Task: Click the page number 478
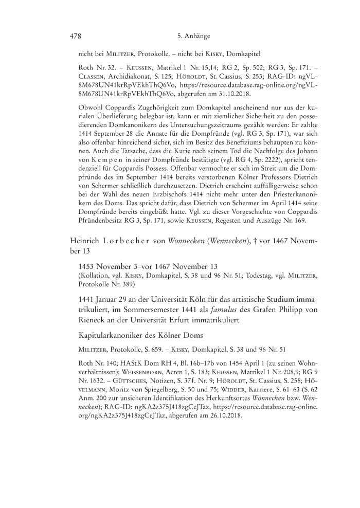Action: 76,37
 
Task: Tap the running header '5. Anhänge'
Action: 192,37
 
